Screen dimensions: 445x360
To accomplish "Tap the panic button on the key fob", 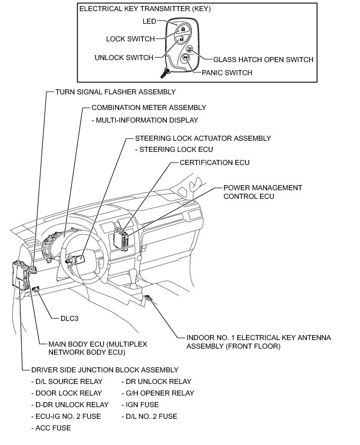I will tap(186, 58).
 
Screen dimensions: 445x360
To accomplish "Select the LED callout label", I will tap(149, 21).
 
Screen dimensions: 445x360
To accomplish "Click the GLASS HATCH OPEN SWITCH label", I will tap(263, 60).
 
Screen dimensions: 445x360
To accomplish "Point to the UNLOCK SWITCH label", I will tap(124, 58).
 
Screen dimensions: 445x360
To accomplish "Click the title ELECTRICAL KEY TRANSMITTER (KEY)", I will tap(145, 9).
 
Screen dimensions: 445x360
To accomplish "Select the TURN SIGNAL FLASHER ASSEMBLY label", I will tap(115, 92).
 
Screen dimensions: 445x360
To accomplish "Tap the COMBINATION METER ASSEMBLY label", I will tap(148, 107).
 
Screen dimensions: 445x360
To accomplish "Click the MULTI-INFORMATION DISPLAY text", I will tap(144, 120).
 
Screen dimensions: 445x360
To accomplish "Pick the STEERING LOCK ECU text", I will tap(174, 149).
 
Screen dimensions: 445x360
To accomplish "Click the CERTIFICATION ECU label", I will tap(215, 162).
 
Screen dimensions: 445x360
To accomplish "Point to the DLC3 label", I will tap(70, 318).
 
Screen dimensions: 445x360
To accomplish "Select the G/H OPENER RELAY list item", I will tap(158, 393).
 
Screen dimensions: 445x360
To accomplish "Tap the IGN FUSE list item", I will tap(140, 405).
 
